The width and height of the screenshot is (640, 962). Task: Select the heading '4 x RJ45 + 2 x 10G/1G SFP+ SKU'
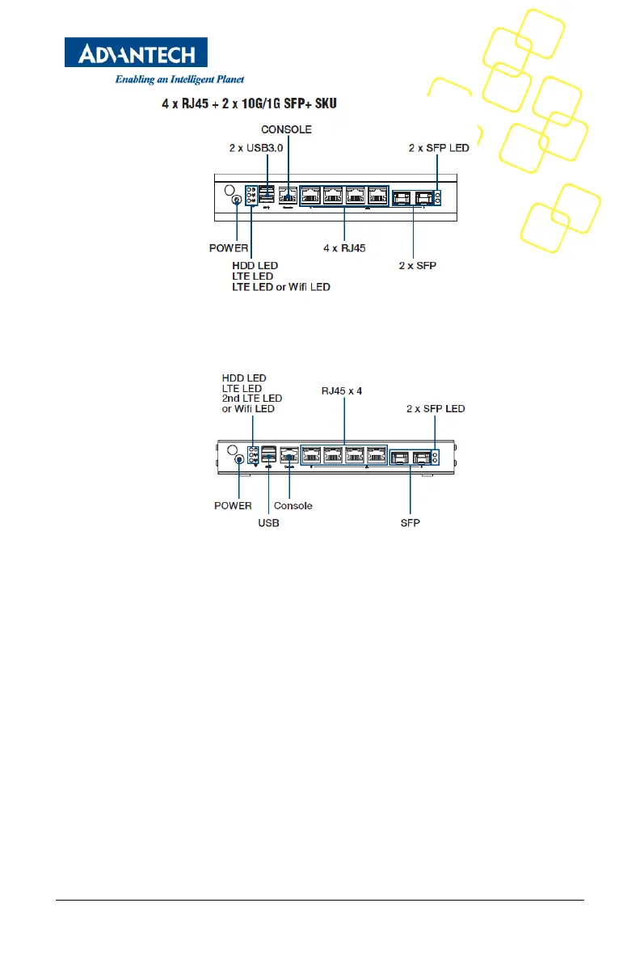pos(250,103)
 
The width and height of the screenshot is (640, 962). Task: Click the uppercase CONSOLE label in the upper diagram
pos(286,129)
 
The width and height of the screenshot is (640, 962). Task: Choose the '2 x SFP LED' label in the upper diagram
pos(439,149)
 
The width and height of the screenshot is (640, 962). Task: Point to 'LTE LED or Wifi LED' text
pos(281,287)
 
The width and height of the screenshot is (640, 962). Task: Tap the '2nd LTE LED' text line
pos(251,399)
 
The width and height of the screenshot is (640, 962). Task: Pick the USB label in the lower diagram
pos(269,524)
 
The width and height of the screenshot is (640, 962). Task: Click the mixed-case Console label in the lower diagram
pos(293,506)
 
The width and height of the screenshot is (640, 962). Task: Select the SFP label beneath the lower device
pos(411,524)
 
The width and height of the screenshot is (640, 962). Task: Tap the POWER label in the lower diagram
pos(233,506)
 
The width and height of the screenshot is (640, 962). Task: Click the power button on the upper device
pos(235,200)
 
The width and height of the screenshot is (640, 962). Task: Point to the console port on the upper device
pos(287,196)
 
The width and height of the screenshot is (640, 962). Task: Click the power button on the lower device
pos(240,460)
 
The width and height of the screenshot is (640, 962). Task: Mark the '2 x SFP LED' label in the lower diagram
pos(436,409)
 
